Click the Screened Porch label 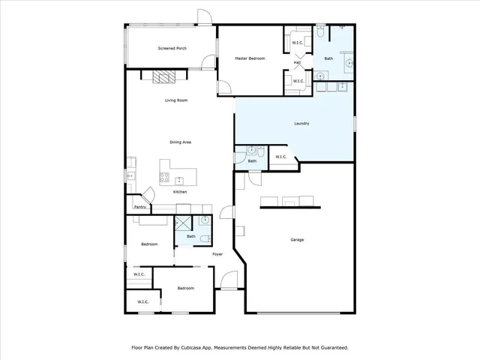point(172,49)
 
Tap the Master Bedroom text point(250,58)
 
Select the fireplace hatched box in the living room point(163,76)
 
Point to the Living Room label point(176,100)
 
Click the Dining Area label point(180,142)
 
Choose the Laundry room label point(301,124)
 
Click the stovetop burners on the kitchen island point(163,178)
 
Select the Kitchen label point(180,192)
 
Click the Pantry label point(139,207)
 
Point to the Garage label point(297,240)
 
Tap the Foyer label point(217,254)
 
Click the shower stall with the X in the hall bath point(182,223)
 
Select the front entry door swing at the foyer point(229,280)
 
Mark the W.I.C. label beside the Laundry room point(280,157)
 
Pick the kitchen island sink point(180,180)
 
